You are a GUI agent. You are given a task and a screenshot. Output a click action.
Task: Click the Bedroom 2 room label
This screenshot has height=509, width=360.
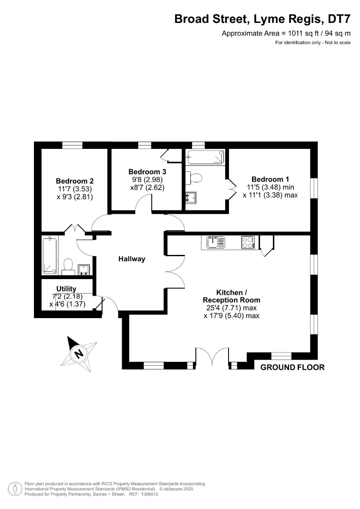75,181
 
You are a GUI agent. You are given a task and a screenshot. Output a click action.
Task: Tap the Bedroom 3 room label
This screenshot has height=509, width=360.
147,171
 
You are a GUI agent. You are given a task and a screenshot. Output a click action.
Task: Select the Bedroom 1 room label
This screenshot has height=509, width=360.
270,179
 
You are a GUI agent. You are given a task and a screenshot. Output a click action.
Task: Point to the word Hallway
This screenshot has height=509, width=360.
132,259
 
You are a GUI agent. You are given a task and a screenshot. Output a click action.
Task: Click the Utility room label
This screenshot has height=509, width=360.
66,288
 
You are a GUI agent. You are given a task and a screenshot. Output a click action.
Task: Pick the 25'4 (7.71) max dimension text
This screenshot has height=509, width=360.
232,308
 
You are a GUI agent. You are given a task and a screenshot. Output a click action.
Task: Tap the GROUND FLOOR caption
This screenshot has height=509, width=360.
292,367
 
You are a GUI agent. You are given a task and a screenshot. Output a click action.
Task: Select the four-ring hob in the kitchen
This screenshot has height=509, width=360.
248,243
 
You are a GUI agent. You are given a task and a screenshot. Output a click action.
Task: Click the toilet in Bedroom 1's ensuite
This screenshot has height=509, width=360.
194,178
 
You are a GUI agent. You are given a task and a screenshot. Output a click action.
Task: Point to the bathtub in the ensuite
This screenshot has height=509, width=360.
205,157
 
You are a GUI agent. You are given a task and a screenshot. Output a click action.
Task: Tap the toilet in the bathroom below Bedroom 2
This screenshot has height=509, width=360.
68,267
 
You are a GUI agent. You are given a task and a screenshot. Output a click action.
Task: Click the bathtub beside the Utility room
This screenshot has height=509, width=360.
50,255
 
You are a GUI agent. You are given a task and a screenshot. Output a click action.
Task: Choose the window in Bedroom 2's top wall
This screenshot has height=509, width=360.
72,145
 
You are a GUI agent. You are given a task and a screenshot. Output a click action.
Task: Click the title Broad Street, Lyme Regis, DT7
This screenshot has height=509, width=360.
262,19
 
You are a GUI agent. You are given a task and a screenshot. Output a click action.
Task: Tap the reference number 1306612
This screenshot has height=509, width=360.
150,494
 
